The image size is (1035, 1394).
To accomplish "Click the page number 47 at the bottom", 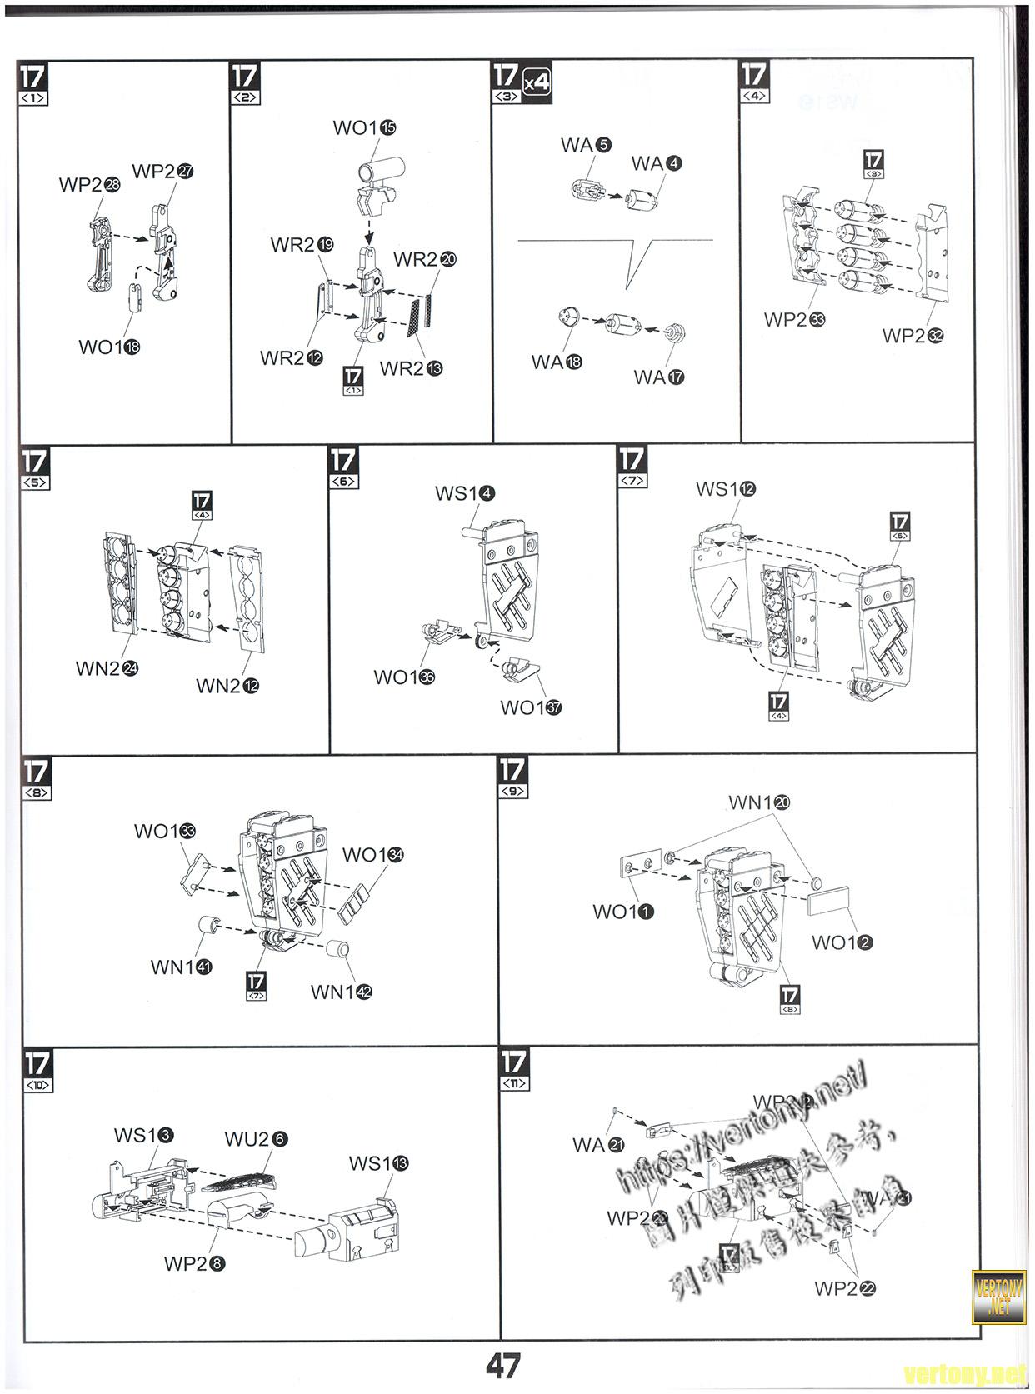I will click(x=503, y=1366).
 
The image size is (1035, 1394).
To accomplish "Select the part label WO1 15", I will click(x=364, y=127).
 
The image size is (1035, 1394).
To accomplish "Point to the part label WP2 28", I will click(x=89, y=184).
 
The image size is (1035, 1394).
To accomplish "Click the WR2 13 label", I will click(x=411, y=368).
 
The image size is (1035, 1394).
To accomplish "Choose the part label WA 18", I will click(x=557, y=362).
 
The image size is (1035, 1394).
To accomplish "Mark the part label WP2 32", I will click(x=913, y=336).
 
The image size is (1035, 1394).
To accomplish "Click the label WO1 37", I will click(x=531, y=707).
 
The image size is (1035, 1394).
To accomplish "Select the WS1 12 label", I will click(x=726, y=489).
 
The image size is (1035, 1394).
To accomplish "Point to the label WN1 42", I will click(x=341, y=992).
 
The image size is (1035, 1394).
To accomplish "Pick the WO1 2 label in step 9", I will click(x=842, y=942).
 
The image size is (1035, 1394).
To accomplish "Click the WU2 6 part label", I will click(x=256, y=1138).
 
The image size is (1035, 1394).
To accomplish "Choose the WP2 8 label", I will click(x=194, y=1263).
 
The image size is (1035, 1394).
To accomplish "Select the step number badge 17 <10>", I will click(x=37, y=1070).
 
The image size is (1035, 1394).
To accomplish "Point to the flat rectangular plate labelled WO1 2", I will click(x=829, y=901).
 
